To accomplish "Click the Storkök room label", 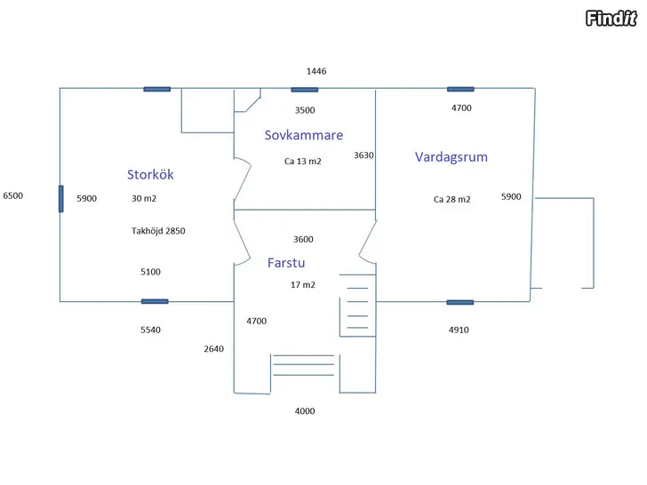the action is coord(150,174).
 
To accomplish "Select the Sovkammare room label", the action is coord(304,135).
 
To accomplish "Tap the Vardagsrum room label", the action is coord(451,156).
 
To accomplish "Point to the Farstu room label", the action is coord(286,263).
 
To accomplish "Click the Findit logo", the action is coord(611,18).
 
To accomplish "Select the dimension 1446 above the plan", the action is coord(316,71).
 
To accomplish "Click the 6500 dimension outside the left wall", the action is coord(13,195).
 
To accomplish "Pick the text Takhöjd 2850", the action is coord(158,231).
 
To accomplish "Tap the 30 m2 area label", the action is coord(144,198).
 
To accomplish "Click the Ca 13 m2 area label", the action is coord(303,162).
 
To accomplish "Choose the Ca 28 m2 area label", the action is coord(452,200).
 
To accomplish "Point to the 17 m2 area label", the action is coord(303,285).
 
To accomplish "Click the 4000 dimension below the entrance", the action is coord(305,411).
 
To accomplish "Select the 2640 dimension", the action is coord(213,349).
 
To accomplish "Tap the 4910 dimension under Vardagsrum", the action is coord(459,330).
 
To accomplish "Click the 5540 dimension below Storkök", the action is coord(150,330).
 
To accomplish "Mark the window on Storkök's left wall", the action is coord(61,199).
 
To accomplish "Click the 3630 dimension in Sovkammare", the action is coord(363,155).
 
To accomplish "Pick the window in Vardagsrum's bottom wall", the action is coord(460,302).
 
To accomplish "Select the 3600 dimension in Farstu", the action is coord(303,240).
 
